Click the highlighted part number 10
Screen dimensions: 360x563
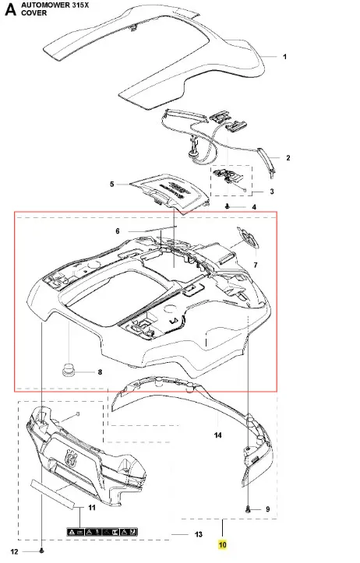pos(222,544)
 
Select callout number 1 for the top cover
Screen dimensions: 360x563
pos(285,57)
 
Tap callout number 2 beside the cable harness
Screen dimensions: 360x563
pos(288,157)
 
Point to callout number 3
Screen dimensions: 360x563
pos(272,192)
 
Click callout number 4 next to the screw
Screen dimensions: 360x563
pos(254,207)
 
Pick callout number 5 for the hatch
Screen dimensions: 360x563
pos(112,185)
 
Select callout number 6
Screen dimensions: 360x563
pos(118,231)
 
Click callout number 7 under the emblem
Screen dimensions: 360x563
pos(256,265)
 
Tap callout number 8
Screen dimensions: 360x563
pos(100,372)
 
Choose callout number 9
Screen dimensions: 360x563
pos(268,509)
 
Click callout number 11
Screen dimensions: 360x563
pos(92,508)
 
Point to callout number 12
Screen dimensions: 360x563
pos(14,552)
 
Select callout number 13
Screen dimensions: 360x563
pos(199,535)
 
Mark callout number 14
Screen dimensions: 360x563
pos(217,435)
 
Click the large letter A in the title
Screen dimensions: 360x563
pos(10,9)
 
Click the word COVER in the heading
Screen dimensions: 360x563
pos(34,13)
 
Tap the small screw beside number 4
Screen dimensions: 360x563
pos(227,206)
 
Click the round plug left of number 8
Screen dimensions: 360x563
pos(67,370)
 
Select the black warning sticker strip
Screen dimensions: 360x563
pos(102,532)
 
